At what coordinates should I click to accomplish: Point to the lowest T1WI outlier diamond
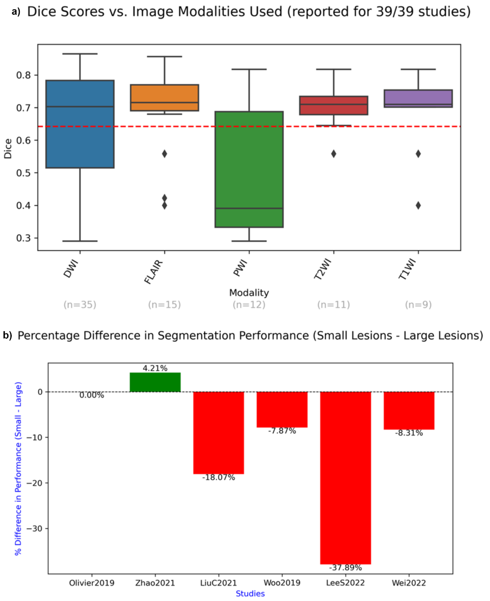point(418,205)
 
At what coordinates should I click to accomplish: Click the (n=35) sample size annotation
point(80,305)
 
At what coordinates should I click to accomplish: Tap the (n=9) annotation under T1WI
point(418,305)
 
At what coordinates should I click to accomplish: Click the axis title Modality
point(249,293)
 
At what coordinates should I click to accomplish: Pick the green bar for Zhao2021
point(155,382)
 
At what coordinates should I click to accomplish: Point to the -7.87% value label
point(282,431)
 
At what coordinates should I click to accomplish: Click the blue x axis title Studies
point(250,594)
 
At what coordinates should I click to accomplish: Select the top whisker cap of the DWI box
point(80,54)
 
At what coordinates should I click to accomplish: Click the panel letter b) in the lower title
point(7,335)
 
